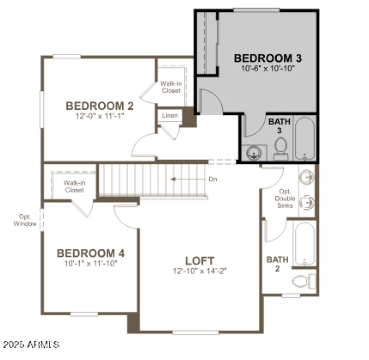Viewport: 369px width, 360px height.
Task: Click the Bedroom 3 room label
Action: click(x=268, y=59)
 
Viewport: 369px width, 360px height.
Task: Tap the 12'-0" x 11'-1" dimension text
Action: click(x=100, y=117)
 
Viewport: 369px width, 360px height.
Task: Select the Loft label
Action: click(x=199, y=260)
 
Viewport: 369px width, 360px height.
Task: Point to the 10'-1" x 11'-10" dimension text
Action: click(x=90, y=263)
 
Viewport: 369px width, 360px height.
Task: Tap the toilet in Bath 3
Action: click(x=280, y=148)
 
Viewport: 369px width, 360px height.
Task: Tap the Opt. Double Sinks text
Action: click(x=285, y=199)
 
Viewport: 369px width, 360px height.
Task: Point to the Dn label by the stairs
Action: click(x=213, y=179)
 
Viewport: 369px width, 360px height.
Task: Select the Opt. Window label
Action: click(x=24, y=220)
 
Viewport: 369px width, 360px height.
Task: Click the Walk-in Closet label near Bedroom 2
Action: click(x=170, y=87)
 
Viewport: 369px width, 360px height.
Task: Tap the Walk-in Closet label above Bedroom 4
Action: click(x=74, y=186)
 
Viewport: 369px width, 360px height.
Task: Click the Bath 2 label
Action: click(x=278, y=264)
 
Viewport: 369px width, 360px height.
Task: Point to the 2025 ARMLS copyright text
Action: click(x=31, y=344)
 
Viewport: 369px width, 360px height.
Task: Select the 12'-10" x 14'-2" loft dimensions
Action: click(x=199, y=271)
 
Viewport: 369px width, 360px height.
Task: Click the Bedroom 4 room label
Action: click(x=90, y=253)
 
